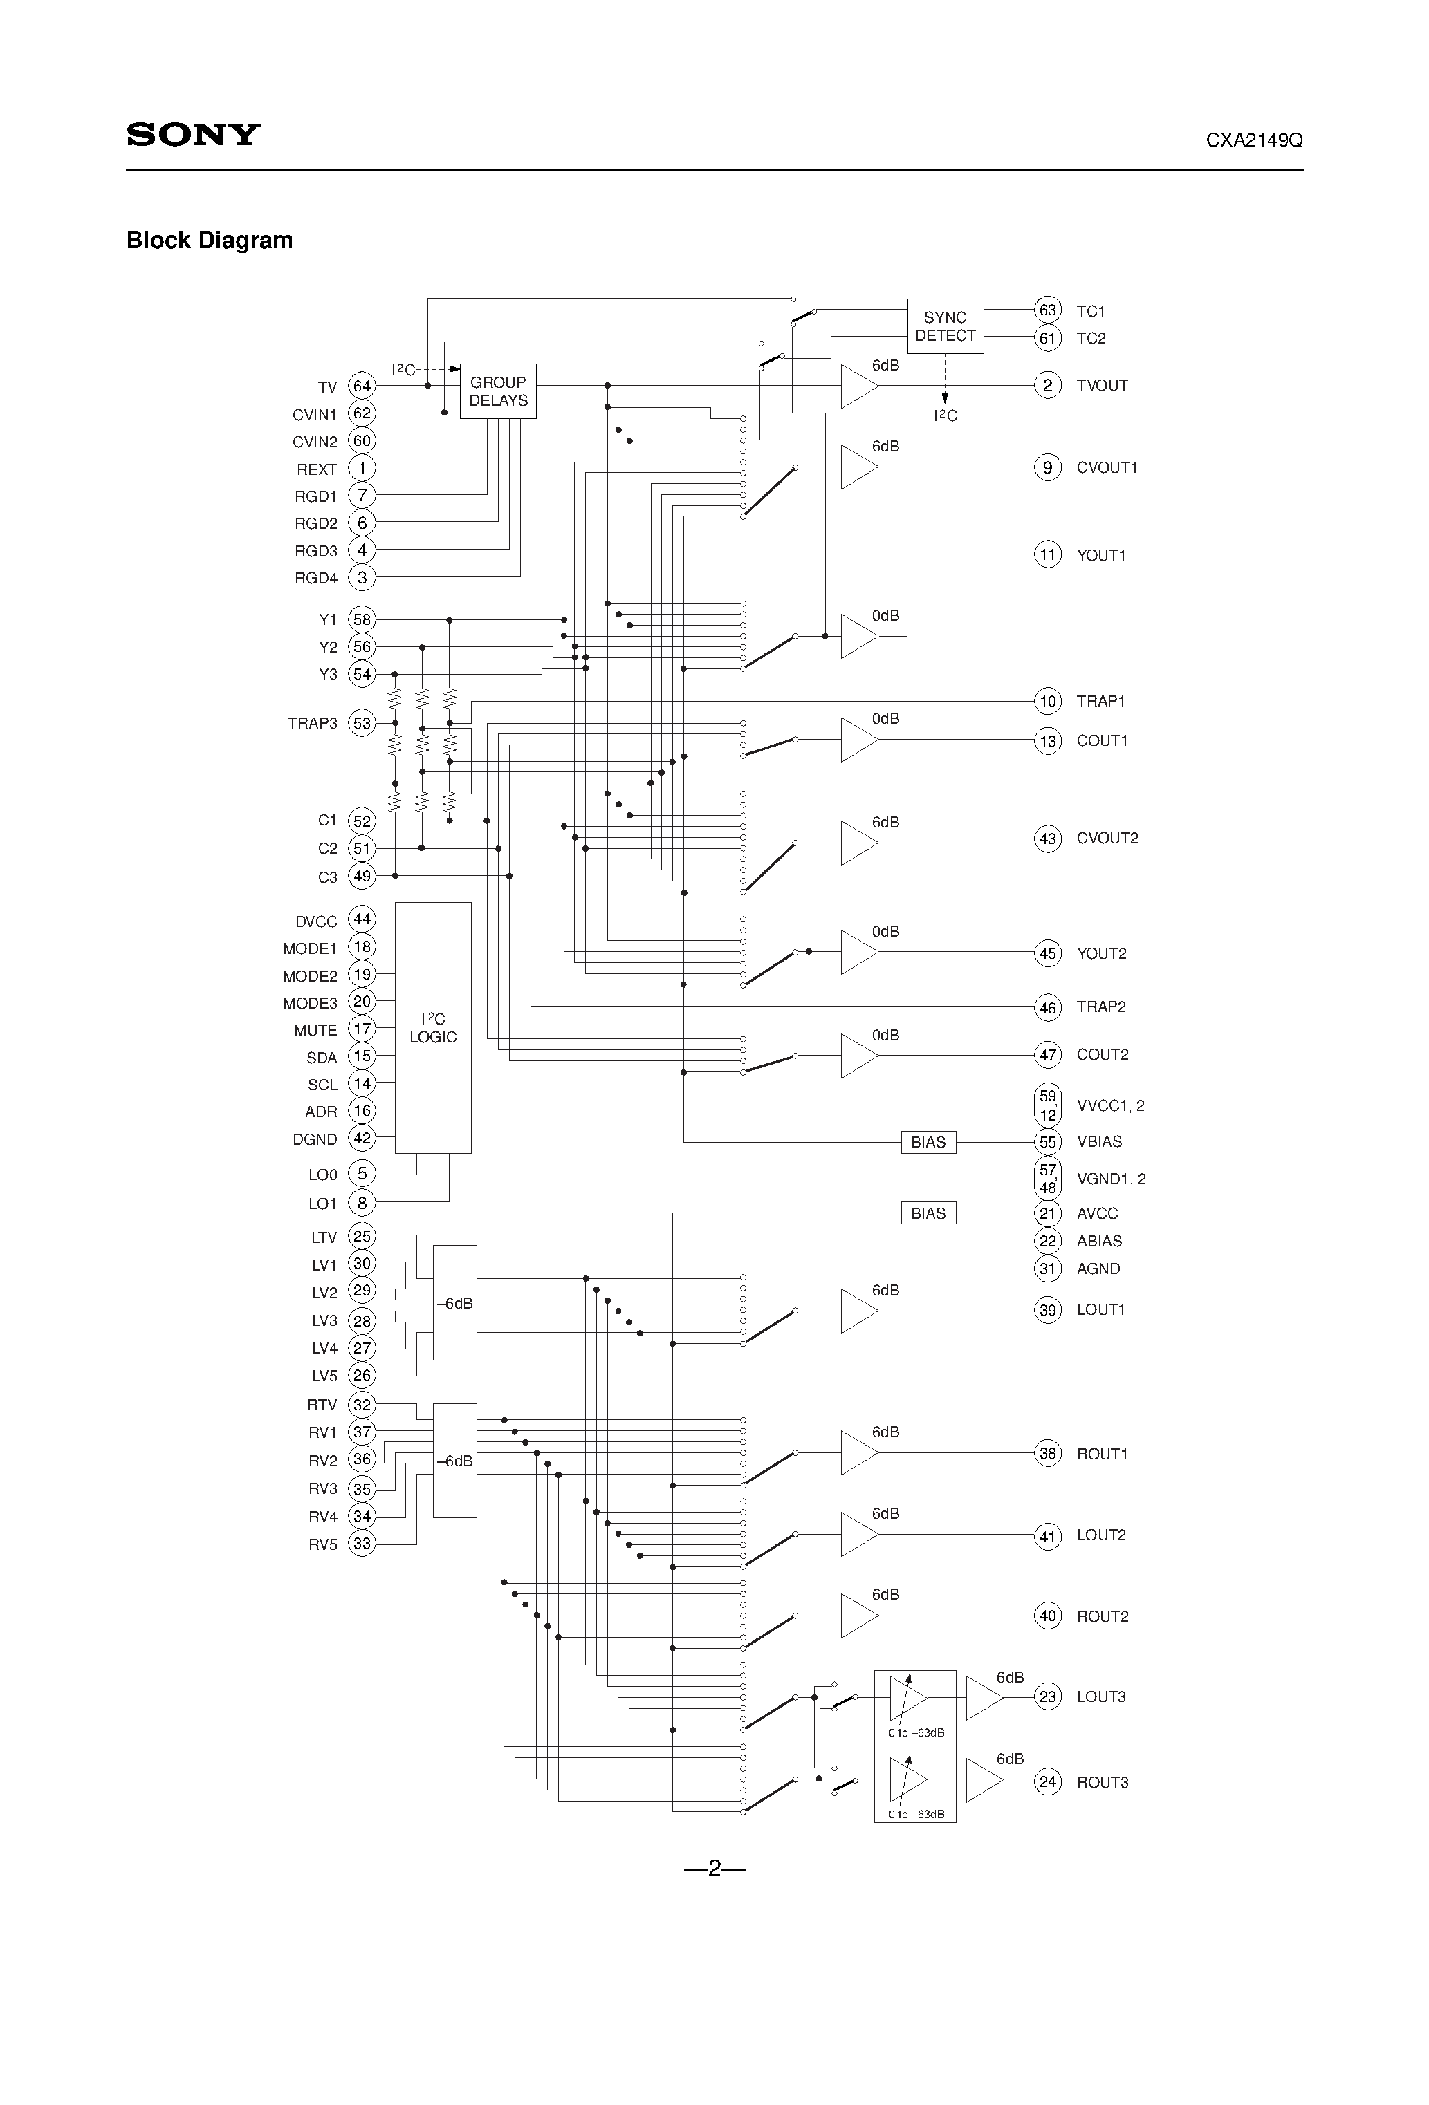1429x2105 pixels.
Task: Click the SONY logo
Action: [x=193, y=134]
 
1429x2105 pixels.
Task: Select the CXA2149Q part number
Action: [x=1253, y=140]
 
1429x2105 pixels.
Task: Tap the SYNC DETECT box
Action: [x=944, y=326]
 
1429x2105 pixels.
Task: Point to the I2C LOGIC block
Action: [x=432, y=1027]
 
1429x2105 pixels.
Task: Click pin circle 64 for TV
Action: [x=362, y=386]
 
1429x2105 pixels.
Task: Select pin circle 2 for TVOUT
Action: [x=1047, y=385]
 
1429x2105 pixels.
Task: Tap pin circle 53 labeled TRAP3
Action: [x=362, y=723]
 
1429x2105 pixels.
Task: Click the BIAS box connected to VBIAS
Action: [x=928, y=1142]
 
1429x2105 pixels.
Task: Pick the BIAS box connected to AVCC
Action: [x=928, y=1213]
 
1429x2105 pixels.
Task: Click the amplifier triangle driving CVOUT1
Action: [x=857, y=467]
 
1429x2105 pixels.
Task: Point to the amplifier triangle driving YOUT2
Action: [x=857, y=952]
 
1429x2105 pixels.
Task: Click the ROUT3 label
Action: [x=1102, y=1783]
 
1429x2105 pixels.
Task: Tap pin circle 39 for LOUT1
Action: [x=1047, y=1310]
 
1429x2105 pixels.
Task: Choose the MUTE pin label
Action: [x=315, y=1030]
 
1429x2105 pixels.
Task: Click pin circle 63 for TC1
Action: [x=1047, y=310]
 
